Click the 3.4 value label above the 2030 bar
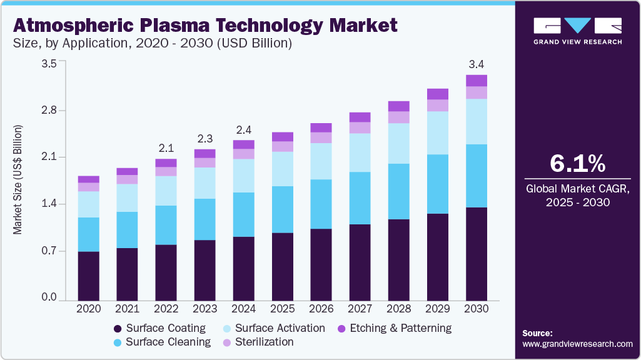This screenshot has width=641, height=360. pyautogui.click(x=477, y=64)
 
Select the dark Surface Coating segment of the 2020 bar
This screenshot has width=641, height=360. pyautogui.click(x=89, y=275)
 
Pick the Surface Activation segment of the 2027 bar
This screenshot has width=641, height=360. pyautogui.click(x=360, y=152)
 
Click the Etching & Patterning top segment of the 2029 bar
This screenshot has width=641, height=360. pyautogui.click(x=438, y=94)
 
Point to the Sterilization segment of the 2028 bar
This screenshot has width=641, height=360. pyautogui.click(x=399, y=117)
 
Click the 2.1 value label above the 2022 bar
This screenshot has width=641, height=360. pyautogui.click(x=166, y=148)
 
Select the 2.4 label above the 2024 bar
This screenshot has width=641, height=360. pyautogui.click(x=244, y=130)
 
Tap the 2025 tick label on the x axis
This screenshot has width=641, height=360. pyautogui.click(x=283, y=309)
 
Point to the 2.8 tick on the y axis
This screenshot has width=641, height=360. pyautogui.click(x=49, y=111)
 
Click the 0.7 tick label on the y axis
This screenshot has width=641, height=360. pyautogui.click(x=49, y=251)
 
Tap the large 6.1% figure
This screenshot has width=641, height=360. pyautogui.click(x=577, y=164)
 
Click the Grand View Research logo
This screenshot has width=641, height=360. pyautogui.click(x=577, y=31)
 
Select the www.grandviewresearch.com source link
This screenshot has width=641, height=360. pyautogui.click(x=577, y=344)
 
